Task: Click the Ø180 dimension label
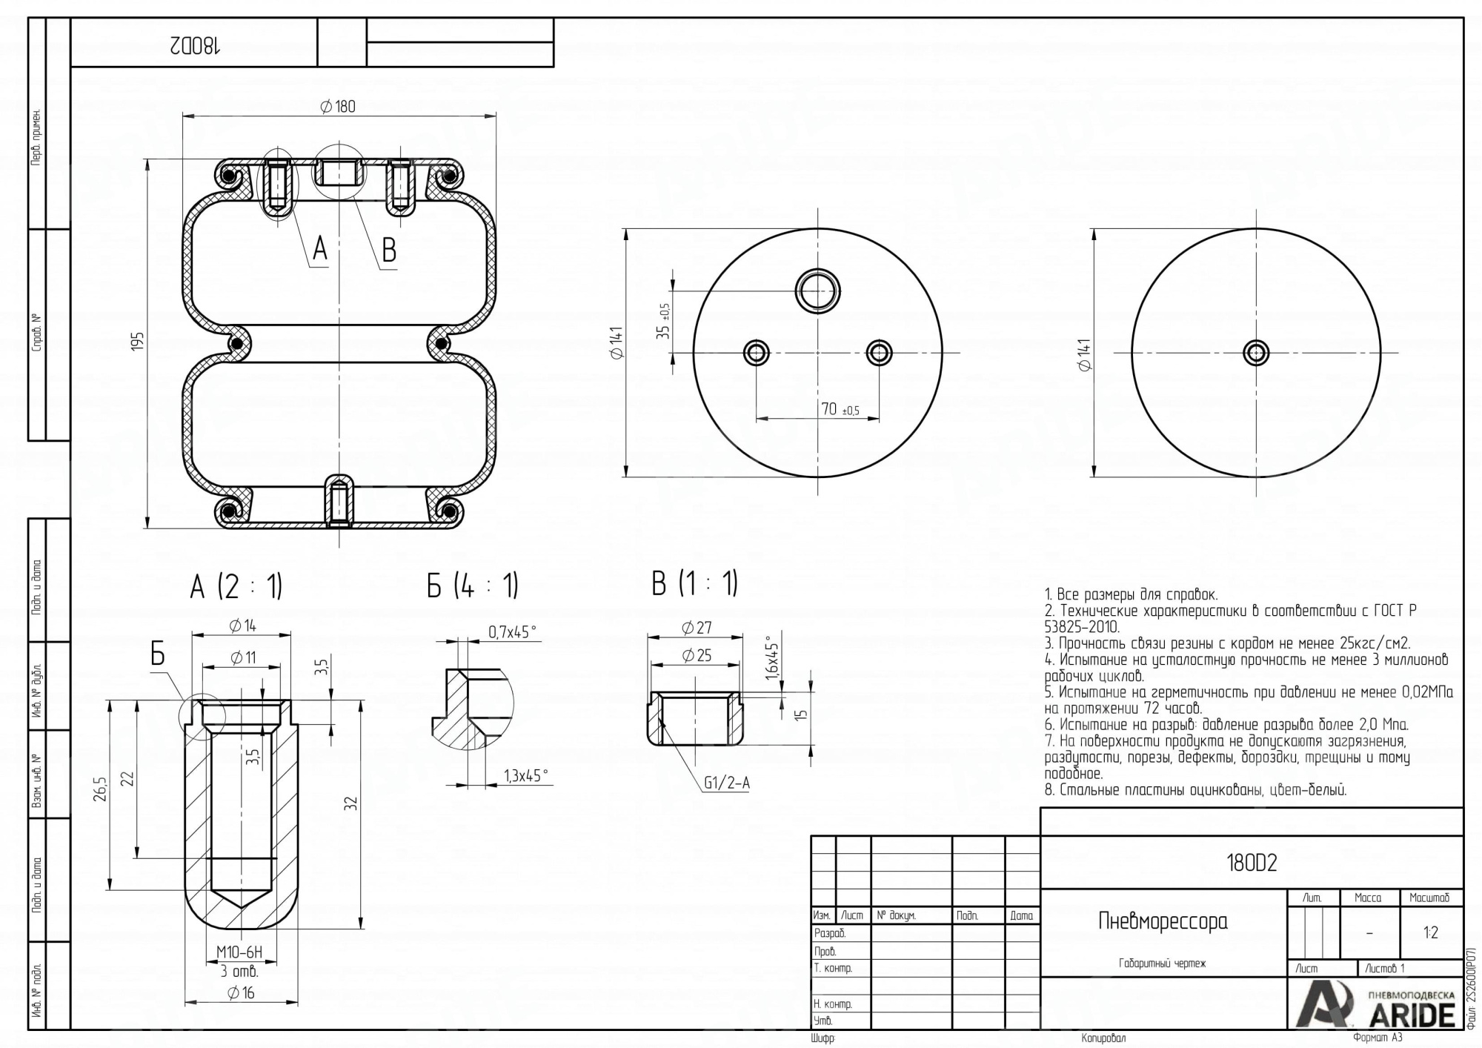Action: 338,107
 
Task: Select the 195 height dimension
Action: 138,342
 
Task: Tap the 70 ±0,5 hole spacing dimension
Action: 840,409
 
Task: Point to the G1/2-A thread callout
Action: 726,783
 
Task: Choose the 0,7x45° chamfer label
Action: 512,632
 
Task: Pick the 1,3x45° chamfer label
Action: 526,776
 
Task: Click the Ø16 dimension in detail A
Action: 241,993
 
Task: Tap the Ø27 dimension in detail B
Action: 697,628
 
